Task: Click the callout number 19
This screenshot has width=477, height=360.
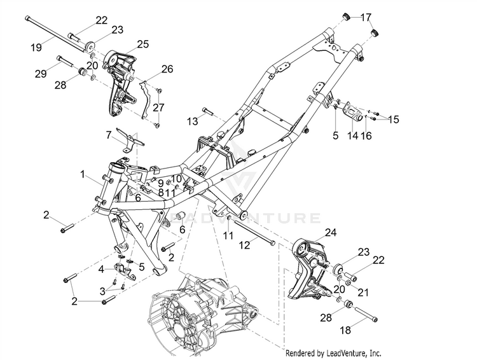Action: pyautogui.click(x=35, y=46)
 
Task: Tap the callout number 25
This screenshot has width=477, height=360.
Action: pyautogui.click(x=142, y=43)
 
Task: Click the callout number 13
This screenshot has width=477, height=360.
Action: pyautogui.click(x=174, y=120)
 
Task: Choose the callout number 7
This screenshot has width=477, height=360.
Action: pyautogui.click(x=109, y=134)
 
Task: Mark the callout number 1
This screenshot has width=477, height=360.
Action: pyautogui.click(x=82, y=173)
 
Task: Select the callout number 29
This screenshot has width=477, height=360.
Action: pyautogui.click(x=41, y=74)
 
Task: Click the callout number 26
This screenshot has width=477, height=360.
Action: pyautogui.click(x=167, y=68)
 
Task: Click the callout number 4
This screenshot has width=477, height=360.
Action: pyautogui.click(x=101, y=268)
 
